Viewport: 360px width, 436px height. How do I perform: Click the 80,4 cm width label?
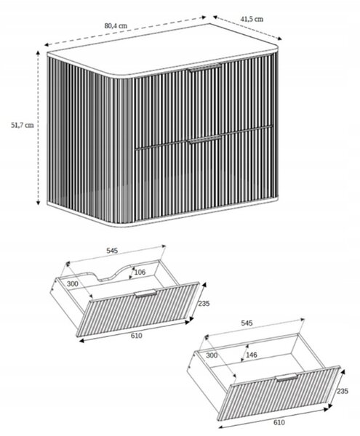[x=116, y=26]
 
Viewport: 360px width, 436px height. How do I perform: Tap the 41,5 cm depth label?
[x=252, y=19]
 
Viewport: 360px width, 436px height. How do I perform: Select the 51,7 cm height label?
[x=23, y=125]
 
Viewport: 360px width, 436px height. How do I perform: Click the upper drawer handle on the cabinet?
[x=205, y=68]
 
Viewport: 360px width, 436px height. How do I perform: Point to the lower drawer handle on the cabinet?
[x=204, y=140]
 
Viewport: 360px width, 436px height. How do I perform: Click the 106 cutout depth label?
[x=140, y=272]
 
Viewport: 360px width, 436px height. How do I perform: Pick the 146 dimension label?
[x=252, y=355]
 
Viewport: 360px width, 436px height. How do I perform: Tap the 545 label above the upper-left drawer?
[x=112, y=251]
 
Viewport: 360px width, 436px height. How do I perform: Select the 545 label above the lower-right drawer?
[x=247, y=323]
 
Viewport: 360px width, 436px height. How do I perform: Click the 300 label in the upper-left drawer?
[x=72, y=284]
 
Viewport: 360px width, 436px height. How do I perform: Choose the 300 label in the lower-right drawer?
[x=212, y=355]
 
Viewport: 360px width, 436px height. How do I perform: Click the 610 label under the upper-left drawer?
[x=136, y=336]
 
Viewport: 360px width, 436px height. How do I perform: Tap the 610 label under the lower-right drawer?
[x=279, y=422]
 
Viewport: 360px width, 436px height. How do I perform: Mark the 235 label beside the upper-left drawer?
[x=204, y=303]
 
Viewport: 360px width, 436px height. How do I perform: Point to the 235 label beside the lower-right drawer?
[x=343, y=391]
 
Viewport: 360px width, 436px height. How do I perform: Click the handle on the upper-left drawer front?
[x=145, y=294]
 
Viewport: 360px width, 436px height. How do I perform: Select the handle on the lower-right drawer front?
[x=287, y=377]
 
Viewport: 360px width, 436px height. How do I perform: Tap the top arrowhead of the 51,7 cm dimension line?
[x=38, y=53]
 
